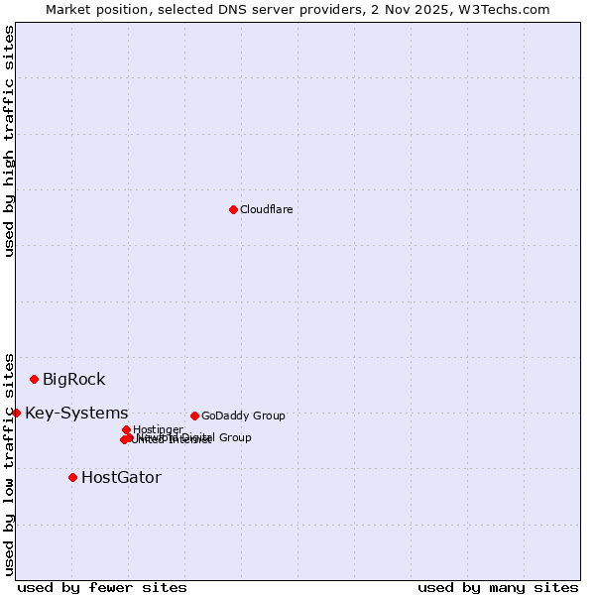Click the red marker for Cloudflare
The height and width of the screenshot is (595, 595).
pyautogui.click(x=233, y=209)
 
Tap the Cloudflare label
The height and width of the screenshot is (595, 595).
pyautogui.click(x=266, y=209)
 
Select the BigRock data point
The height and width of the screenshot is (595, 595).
pyautogui.click(x=34, y=379)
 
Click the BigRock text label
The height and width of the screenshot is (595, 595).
pyautogui.click(x=73, y=379)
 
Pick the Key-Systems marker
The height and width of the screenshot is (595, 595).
pyautogui.click(x=16, y=413)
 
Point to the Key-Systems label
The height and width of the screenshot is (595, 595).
pyautogui.click(x=76, y=413)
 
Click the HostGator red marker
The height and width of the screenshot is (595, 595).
pyautogui.click(x=72, y=477)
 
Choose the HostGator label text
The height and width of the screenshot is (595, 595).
pyautogui.click(x=121, y=477)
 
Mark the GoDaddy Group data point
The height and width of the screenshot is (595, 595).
pyautogui.click(x=194, y=416)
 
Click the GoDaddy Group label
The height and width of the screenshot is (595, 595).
pyautogui.click(x=243, y=416)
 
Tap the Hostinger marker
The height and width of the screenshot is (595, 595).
pyautogui.click(x=126, y=429)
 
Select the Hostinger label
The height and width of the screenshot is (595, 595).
pyautogui.click(x=158, y=429)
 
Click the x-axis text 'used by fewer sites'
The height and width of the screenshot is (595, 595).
pyautogui.click(x=102, y=587)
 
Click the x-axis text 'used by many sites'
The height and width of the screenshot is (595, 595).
pyautogui.click(x=498, y=587)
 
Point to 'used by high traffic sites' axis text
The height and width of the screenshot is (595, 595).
pyautogui.click(x=10, y=141)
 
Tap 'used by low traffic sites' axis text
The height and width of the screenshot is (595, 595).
pyautogui.click(x=10, y=463)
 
